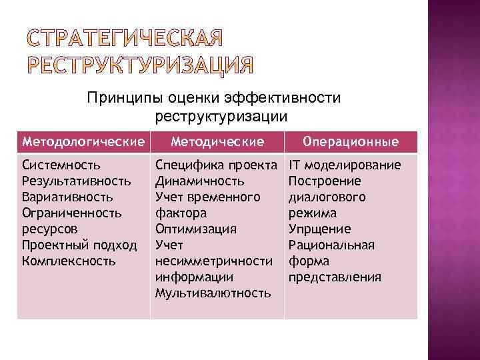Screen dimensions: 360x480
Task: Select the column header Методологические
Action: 83,141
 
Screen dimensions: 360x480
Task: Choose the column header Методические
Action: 217,141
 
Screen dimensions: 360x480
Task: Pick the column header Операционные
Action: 351,141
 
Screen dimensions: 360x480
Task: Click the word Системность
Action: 61,165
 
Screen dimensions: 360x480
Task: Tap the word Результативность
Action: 77,181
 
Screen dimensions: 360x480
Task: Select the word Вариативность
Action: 67,197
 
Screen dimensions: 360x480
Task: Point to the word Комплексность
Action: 69,261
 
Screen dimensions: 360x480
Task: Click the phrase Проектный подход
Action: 79,245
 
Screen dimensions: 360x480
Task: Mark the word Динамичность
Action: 199,181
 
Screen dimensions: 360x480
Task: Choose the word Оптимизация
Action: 195,229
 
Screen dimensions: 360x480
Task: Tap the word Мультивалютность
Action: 213,293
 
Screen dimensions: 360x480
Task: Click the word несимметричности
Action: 213,261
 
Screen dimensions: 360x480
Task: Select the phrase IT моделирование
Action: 345,165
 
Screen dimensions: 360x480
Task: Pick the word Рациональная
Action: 331,245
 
